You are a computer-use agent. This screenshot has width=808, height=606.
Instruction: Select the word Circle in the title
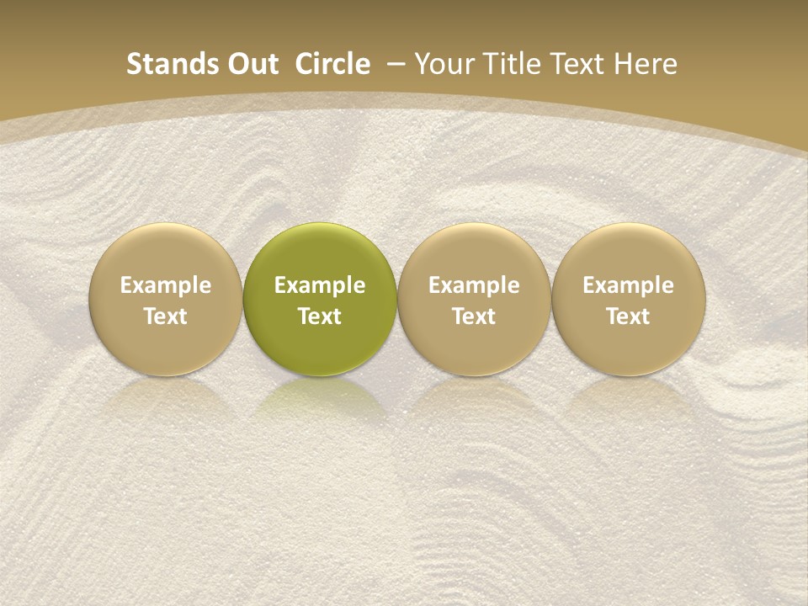(x=332, y=64)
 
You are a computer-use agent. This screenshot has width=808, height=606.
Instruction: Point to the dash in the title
(x=396, y=64)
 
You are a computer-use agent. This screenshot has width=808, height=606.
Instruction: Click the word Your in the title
(x=443, y=64)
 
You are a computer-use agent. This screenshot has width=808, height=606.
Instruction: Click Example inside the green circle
(x=320, y=285)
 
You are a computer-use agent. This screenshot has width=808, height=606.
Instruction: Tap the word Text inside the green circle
(x=320, y=316)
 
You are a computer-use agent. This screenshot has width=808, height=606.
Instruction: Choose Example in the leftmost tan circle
(x=166, y=285)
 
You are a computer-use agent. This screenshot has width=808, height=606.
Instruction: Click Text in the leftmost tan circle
(x=166, y=316)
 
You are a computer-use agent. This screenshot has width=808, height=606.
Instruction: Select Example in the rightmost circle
(x=628, y=285)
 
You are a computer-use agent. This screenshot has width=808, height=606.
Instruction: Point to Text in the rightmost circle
(x=628, y=316)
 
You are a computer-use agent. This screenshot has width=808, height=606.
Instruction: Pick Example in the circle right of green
(x=474, y=285)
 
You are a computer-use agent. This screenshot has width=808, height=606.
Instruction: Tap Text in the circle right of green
(x=474, y=316)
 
